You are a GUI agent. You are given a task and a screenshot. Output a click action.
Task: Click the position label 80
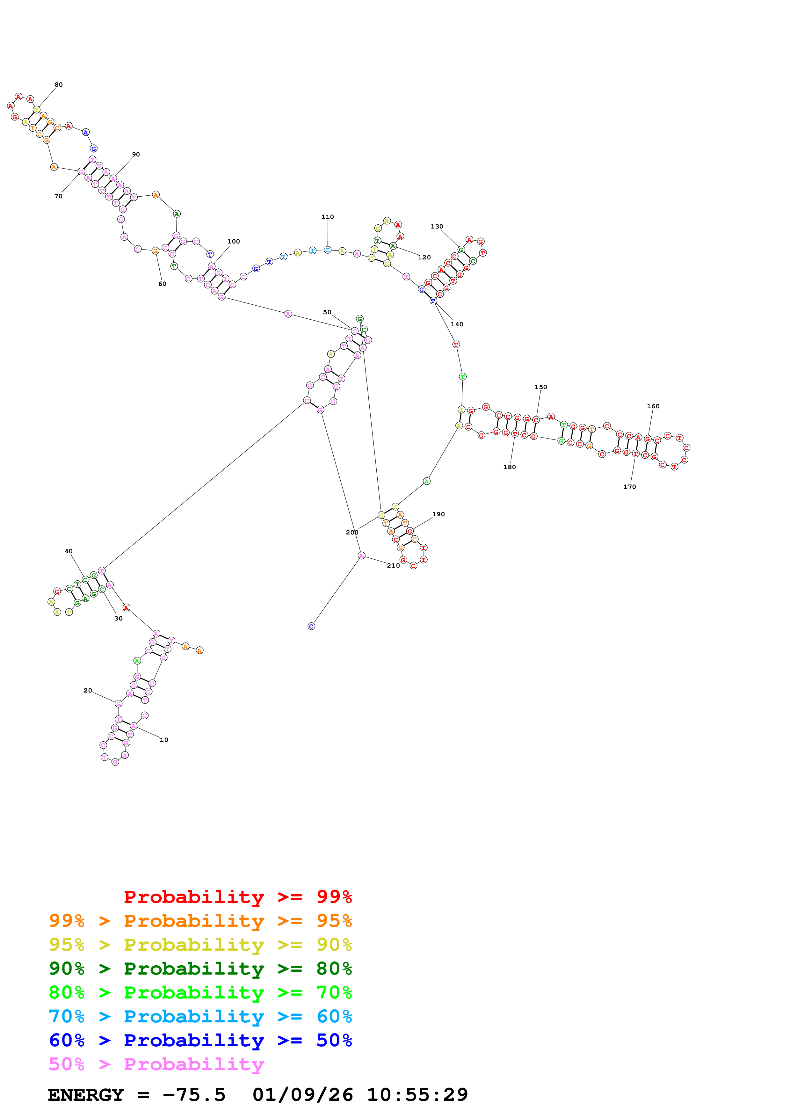click(x=58, y=85)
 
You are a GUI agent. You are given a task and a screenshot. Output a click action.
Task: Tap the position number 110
click(x=328, y=217)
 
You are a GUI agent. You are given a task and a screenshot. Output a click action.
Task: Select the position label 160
click(x=653, y=406)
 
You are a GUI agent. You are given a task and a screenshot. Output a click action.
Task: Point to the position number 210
click(x=393, y=565)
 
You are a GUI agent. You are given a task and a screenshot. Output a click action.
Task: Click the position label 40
click(x=69, y=551)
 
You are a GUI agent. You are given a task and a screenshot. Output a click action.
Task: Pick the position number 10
click(x=164, y=740)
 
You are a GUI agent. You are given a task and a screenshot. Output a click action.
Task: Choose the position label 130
click(x=437, y=226)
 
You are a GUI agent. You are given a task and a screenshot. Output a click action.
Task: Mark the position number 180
click(x=509, y=467)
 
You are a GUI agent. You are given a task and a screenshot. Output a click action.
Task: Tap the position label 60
click(x=162, y=284)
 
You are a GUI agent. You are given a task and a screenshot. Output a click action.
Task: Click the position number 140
click(x=457, y=324)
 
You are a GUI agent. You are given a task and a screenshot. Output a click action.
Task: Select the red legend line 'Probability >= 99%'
click(x=237, y=897)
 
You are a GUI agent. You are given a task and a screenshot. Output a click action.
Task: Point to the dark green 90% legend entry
click(x=200, y=969)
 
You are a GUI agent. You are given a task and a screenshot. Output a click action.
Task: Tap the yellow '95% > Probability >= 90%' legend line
click(x=200, y=945)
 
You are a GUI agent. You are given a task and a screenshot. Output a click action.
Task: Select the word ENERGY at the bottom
click(x=86, y=1095)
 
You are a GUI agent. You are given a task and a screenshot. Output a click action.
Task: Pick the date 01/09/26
click(x=302, y=1095)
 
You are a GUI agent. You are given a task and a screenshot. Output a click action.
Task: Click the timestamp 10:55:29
click(x=417, y=1095)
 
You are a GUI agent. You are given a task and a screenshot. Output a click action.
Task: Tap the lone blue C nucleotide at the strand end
click(x=312, y=626)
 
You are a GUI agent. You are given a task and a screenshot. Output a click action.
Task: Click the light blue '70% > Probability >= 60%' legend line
click(x=200, y=1016)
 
